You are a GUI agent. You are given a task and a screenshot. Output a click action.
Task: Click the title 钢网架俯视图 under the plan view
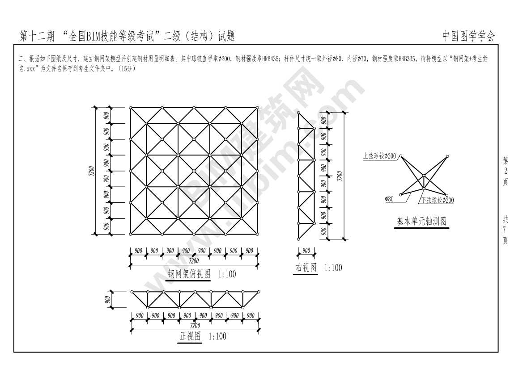point(189,273)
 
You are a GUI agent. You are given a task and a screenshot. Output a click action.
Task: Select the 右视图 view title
point(306,268)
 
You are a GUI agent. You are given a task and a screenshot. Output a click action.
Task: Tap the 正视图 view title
point(190,336)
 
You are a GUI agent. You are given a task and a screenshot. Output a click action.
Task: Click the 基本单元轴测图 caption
point(421,221)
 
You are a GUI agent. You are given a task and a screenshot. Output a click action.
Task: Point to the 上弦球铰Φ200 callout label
point(379,156)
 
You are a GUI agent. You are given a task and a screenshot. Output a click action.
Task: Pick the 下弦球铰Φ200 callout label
point(437,200)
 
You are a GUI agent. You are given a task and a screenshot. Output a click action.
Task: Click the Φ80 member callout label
point(389,199)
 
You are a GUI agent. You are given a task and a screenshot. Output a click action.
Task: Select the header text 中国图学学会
point(468,36)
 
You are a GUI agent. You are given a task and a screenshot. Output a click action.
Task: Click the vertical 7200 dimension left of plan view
point(92,171)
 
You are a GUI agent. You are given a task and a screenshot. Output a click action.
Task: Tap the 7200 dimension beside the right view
point(340,176)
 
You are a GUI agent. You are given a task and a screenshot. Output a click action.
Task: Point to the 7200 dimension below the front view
point(195,325)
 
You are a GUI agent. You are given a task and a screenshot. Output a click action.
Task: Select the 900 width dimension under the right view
point(306,250)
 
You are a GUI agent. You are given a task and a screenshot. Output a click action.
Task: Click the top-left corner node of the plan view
point(130,108)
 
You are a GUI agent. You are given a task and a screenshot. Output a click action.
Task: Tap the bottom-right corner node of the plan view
point(258,234)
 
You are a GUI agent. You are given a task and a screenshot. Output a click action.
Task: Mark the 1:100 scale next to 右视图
point(333,268)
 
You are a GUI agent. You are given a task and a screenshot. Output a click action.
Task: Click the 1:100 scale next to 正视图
point(217,336)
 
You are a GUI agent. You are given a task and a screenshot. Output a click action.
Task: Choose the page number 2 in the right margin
point(506,171)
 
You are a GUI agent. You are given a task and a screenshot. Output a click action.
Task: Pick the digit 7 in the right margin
point(506,230)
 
